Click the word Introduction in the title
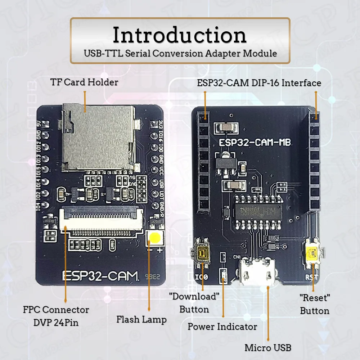tap(180, 36)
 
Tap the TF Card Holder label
tap(84, 82)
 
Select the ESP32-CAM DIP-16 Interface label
tap(259, 83)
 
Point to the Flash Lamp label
tap(141, 319)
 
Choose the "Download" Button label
tap(194, 303)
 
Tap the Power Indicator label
tap(222, 327)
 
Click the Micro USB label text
tap(268, 348)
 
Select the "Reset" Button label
tap(315, 304)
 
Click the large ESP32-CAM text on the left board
tap(100, 275)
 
